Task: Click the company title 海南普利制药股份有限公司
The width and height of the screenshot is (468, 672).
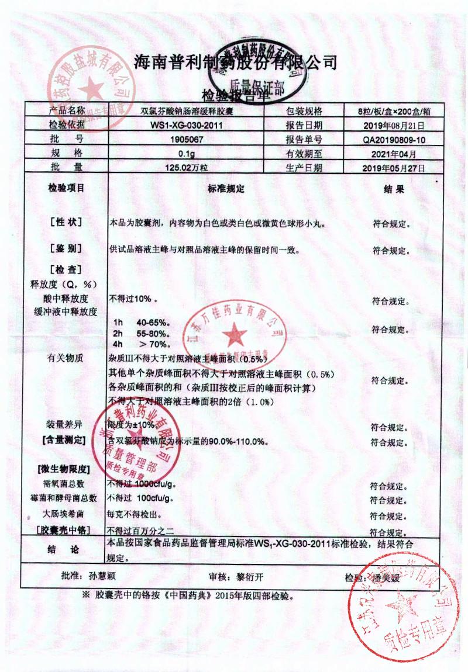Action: [236, 61]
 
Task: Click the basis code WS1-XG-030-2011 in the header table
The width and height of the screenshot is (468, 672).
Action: [185, 125]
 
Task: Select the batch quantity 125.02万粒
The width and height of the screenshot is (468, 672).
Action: [185, 168]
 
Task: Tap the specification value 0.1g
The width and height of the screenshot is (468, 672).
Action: [185, 154]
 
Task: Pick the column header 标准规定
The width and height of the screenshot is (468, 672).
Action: [225, 189]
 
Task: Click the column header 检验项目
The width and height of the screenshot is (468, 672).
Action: [66, 188]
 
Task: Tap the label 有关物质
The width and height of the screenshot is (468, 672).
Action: [66, 358]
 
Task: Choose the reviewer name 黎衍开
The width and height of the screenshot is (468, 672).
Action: [248, 577]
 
